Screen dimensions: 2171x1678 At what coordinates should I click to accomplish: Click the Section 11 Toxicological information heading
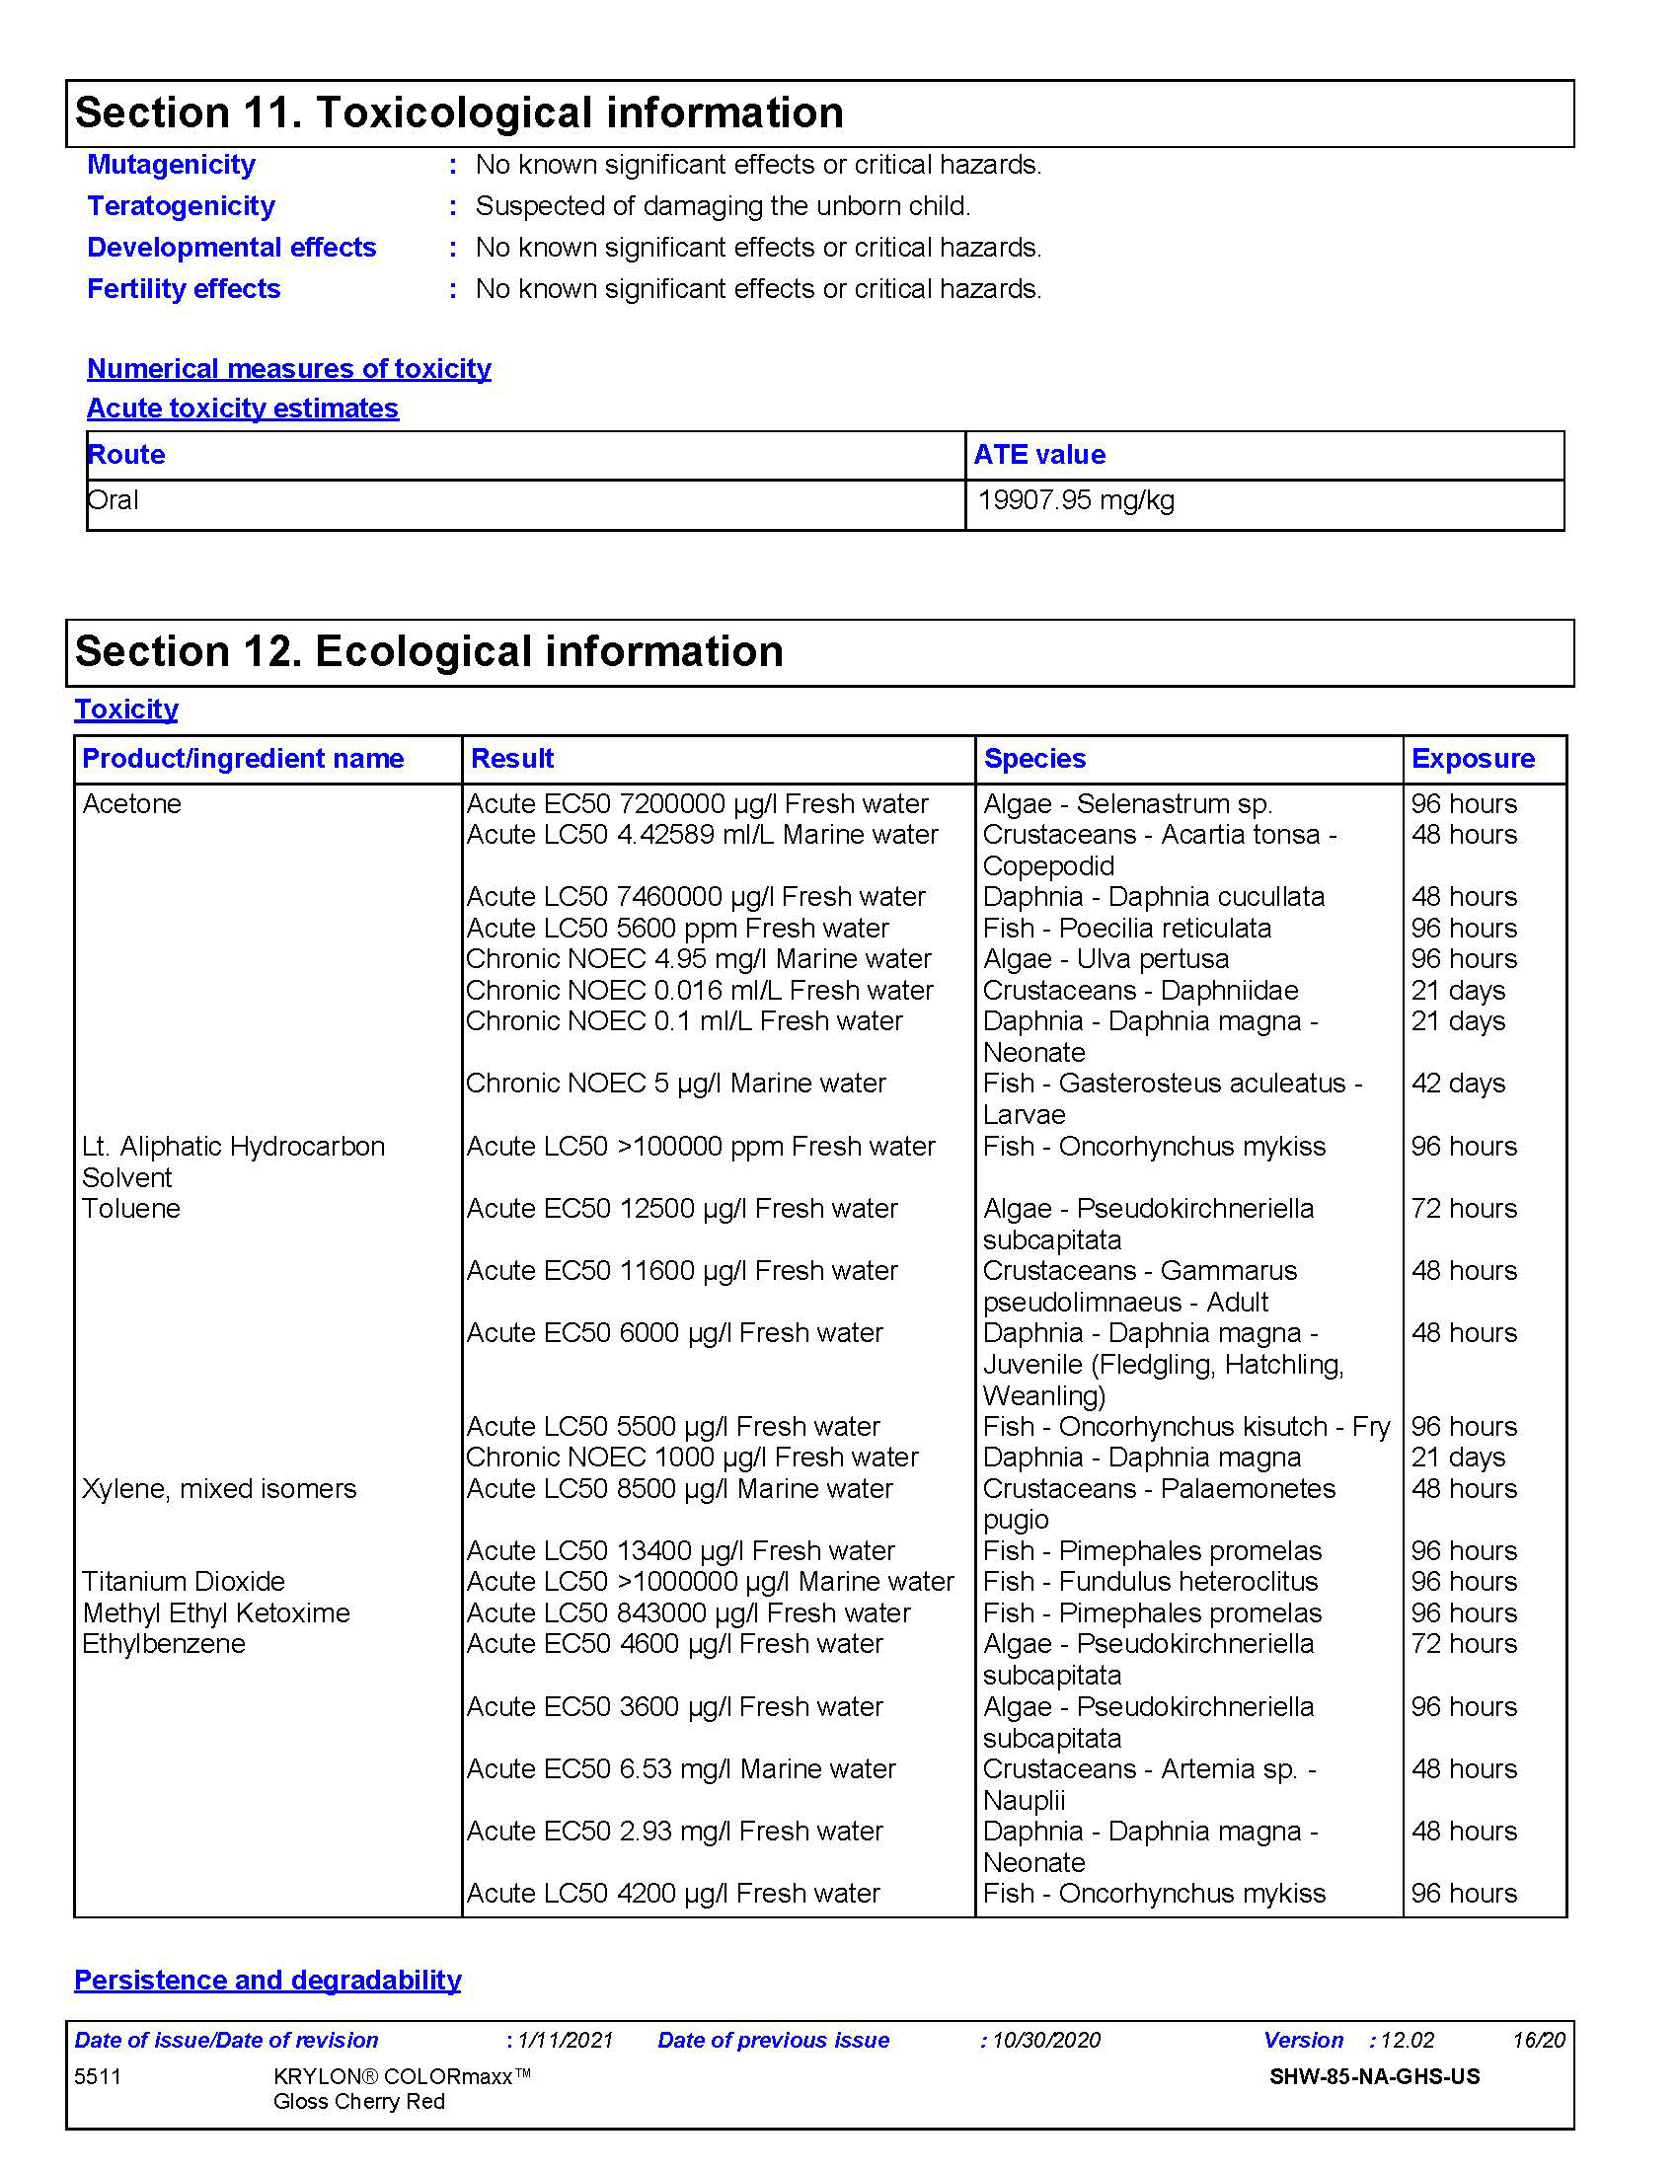[x=459, y=112]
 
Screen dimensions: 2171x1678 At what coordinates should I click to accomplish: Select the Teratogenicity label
[x=181, y=206]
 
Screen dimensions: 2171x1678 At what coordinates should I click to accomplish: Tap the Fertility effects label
[x=184, y=288]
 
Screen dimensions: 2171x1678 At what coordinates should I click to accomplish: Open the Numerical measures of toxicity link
[x=289, y=368]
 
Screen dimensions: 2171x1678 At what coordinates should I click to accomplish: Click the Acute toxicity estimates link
[x=243, y=408]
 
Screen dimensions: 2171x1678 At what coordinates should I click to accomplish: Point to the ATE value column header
[x=1039, y=454]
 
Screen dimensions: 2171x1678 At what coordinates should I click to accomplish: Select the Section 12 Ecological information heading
[x=429, y=651]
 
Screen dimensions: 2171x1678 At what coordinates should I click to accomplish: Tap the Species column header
[x=1034, y=759]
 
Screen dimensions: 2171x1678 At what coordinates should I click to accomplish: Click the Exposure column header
[x=1474, y=759]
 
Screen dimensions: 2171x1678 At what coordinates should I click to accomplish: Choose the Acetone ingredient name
[x=132, y=803]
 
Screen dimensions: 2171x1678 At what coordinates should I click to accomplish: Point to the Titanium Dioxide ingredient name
[x=184, y=1582]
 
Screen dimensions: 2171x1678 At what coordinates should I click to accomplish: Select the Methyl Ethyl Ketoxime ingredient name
[x=217, y=1612]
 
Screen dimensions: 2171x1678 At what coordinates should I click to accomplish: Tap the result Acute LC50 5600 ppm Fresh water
[x=678, y=928]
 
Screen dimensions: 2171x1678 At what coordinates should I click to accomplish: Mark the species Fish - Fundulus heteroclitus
[x=1150, y=1582]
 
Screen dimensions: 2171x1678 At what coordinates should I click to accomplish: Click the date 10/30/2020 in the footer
[x=1046, y=2041]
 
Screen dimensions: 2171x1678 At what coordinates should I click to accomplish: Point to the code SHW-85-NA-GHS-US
[x=1375, y=2076]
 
